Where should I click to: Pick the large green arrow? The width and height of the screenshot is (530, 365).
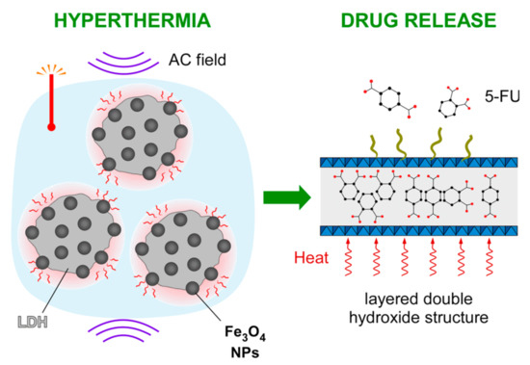(288, 198)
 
